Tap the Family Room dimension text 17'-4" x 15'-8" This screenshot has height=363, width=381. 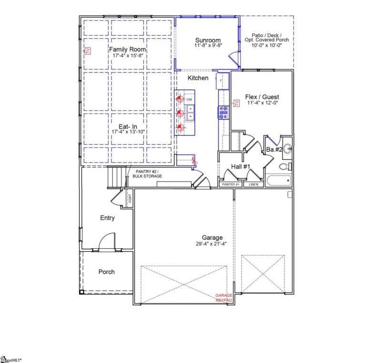click(x=128, y=56)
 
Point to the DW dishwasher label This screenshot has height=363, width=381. click(x=189, y=100)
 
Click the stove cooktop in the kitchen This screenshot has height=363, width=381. click(x=223, y=112)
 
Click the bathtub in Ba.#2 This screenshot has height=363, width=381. click(x=278, y=181)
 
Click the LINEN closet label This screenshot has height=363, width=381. click(x=253, y=184)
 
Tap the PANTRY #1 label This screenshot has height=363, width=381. click(x=231, y=184)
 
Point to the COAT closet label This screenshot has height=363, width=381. click(x=129, y=197)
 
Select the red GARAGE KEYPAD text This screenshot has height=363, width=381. click(x=224, y=298)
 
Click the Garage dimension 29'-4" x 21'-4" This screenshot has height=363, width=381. click(x=212, y=244)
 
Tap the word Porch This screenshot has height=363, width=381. click(x=106, y=272)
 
